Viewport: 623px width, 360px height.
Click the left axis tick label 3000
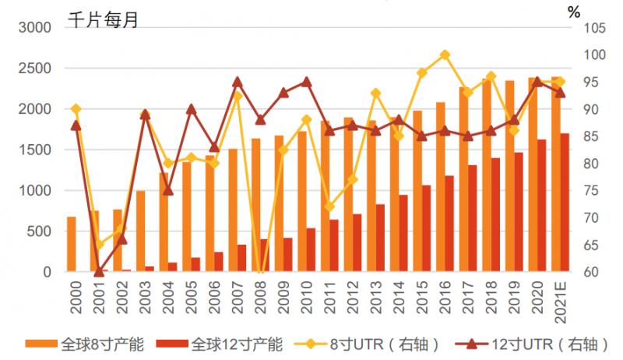tap(34, 28)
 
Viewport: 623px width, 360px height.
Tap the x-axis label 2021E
tap(559, 298)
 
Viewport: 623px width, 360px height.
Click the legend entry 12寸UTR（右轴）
tap(530, 343)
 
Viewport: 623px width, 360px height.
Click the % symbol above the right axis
tap(574, 12)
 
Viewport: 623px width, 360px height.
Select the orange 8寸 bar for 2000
tap(72, 244)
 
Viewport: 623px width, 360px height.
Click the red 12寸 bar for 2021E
tap(565, 203)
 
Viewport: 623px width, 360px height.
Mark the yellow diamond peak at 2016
tap(445, 55)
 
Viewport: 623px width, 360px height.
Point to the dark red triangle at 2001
tap(98, 271)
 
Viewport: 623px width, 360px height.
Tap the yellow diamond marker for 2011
tap(329, 206)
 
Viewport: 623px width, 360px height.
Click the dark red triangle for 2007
tap(238, 82)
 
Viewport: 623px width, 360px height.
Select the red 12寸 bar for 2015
tap(426, 228)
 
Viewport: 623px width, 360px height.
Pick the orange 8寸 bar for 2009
tap(279, 203)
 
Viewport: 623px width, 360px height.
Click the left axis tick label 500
tap(39, 231)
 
